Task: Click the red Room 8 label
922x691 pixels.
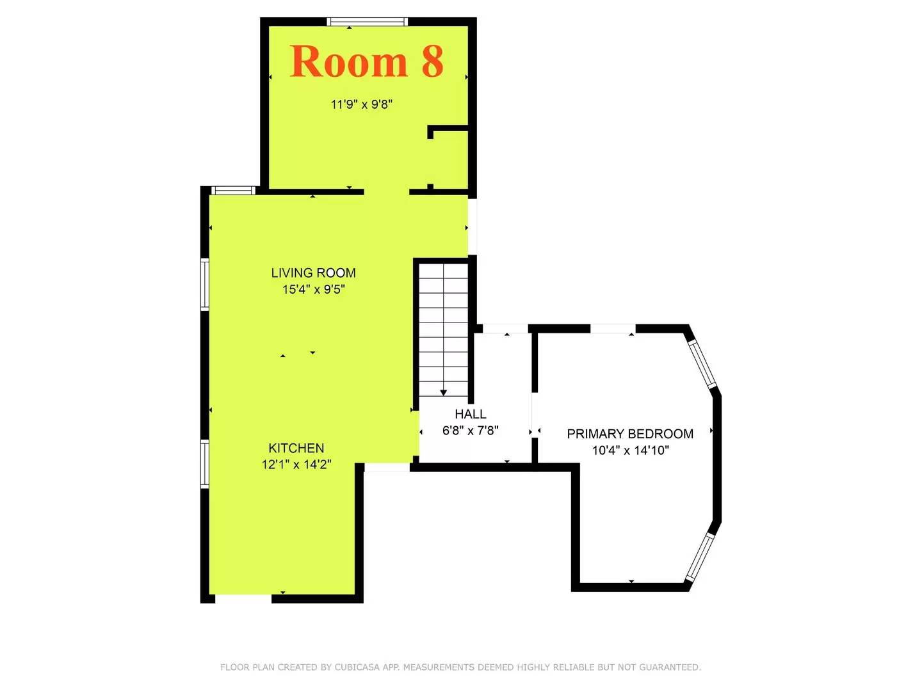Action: point(366,62)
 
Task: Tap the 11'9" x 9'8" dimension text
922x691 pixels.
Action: point(361,104)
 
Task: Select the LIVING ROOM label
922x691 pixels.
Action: point(313,273)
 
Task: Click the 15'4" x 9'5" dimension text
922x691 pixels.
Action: point(313,289)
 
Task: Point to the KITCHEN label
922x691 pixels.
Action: point(296,448)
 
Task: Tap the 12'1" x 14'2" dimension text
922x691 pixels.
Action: point(296,465)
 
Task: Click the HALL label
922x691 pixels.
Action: point(471,414)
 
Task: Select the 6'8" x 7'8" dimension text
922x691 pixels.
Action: point(471,431)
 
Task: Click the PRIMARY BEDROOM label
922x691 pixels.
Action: point(630,434)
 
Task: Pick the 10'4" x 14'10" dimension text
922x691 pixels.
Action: point(630,450)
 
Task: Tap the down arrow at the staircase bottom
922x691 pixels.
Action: point(443,392)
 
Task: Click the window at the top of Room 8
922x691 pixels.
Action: point(367,22)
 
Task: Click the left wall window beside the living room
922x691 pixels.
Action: point(205,284)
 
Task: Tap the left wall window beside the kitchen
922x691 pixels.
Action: point(205,464)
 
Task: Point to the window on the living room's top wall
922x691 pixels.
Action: point(233,190)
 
